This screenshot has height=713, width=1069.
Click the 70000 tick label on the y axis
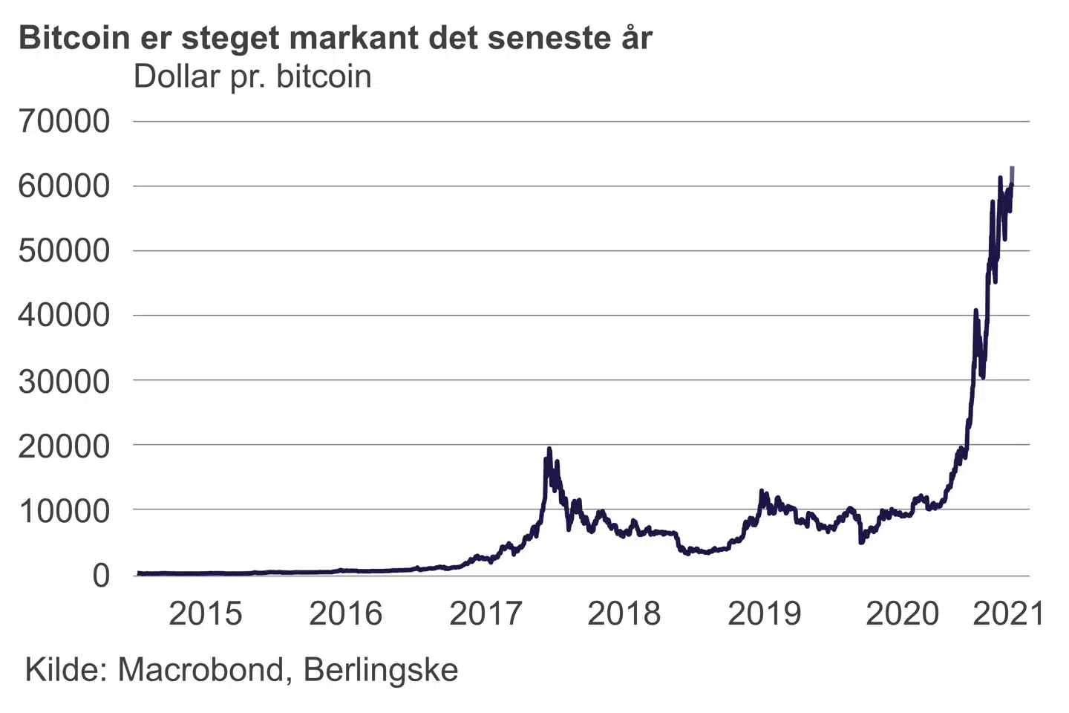[64, 121]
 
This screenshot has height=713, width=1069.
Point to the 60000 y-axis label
[64, 186]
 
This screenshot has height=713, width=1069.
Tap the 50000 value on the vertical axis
[64, 251]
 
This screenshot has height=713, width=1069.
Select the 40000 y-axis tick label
[64, 316]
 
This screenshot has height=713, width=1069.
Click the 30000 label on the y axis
[64, 381]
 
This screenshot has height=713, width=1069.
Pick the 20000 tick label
[64, 446]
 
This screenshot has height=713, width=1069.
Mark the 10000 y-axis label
[64, 511]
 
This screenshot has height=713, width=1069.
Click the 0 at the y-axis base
[101, 575]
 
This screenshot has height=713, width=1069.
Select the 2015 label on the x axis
[205, 613]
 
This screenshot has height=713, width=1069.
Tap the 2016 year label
[345, 613]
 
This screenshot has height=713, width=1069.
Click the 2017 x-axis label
[486, 613]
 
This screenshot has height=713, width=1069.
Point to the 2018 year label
[624, 613]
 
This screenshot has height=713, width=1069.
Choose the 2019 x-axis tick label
[764, 613]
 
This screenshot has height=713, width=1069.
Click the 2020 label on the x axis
[902, 613]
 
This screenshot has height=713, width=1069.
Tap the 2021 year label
[1008, 613]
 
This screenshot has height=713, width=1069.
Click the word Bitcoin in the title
[74, 38]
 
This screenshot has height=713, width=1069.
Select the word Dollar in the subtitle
[177, 76]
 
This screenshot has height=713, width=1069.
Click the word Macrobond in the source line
[200, 670]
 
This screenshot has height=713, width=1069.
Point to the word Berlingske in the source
[381, 670]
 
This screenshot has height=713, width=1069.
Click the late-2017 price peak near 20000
[549, 449]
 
